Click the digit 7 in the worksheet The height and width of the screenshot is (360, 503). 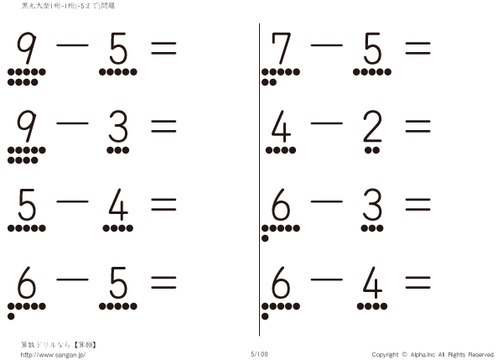coord(282,48)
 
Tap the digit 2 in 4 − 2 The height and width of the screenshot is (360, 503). coord(372,126)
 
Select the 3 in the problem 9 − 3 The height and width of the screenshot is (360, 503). coord(118,126)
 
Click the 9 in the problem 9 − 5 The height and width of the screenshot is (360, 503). coord(27,48)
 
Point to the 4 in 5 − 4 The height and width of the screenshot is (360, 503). coord(118,205)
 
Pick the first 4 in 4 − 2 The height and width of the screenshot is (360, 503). coord(281,126)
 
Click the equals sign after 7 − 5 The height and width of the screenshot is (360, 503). coord(417,48)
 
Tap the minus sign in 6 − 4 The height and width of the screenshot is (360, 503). coord(326,279)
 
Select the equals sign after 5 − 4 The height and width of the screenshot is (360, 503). coord(163,205)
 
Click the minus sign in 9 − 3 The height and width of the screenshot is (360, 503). coord(72,123)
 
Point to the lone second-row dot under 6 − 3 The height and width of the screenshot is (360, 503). coord(265,238)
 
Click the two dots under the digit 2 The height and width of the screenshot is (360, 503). coord(372,150)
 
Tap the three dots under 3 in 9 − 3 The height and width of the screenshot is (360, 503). coord(118,150)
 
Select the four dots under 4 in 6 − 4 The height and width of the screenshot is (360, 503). coord(372,306)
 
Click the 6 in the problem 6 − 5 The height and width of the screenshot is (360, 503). coord(27,283)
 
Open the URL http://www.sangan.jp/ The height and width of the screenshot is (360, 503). coord(53,355)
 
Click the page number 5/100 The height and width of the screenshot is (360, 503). coord(259,354)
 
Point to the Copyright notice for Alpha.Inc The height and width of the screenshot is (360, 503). coord(433,355)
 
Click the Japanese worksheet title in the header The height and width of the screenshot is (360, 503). coord(68,6)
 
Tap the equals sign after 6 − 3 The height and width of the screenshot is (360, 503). coord(417,205)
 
